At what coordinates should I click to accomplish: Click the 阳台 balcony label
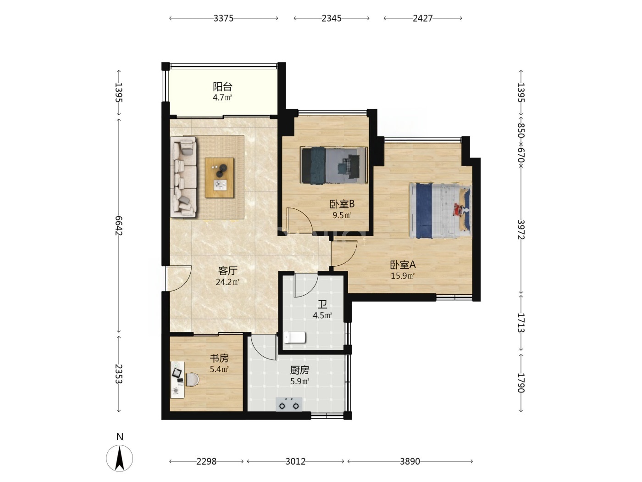(222, 87)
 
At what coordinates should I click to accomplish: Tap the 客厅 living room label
(227, 271)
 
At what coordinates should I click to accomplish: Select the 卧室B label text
(342, 204)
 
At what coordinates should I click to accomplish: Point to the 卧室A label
(403, 265)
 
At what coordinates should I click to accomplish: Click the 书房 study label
(219, 358)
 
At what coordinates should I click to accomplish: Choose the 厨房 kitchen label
(299, 370)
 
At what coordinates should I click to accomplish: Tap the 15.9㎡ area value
(403, 276)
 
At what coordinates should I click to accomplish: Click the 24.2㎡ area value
(227, 282)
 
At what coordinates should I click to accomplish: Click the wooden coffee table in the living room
(219, 178)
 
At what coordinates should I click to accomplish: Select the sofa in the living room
(183, 177)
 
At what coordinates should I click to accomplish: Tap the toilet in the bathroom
(295, 337)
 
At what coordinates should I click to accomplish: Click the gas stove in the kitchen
(289, 405)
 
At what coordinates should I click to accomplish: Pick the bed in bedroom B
(334, 165)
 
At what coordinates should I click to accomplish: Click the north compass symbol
(119, 458)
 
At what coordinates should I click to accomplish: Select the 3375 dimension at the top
(223, 18)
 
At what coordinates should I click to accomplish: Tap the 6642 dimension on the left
(118, 226)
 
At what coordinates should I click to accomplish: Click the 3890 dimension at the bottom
(410, 461)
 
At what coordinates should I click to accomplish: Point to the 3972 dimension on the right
(521, 230)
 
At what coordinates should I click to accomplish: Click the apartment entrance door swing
(178, 279)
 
